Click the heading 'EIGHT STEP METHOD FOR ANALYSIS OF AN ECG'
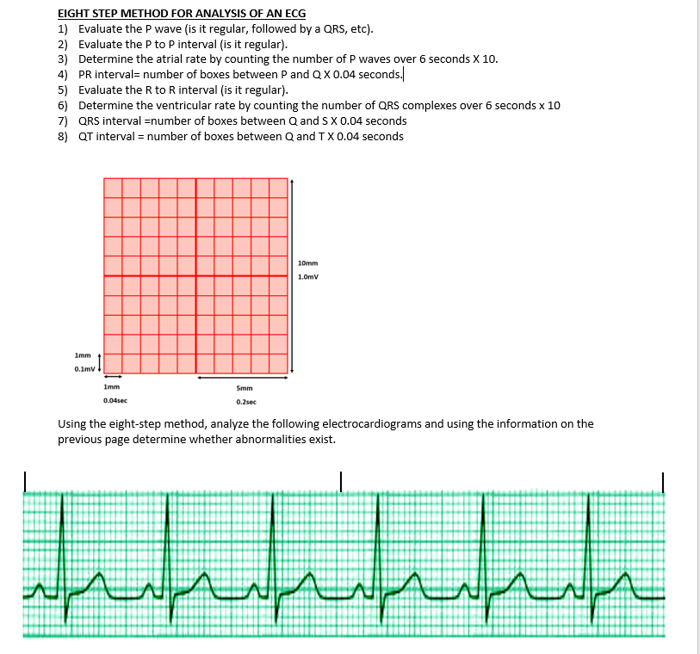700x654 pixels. [181, 14]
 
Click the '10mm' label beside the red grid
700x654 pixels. [307, 262]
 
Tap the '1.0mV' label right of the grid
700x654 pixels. [308, 278]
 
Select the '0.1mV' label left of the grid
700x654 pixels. [84, 368]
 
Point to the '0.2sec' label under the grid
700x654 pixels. [245, 401]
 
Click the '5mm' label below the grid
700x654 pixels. [244, 388]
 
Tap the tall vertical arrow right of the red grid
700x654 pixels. [293, 275]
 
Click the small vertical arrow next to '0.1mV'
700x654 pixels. [100, 362]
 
